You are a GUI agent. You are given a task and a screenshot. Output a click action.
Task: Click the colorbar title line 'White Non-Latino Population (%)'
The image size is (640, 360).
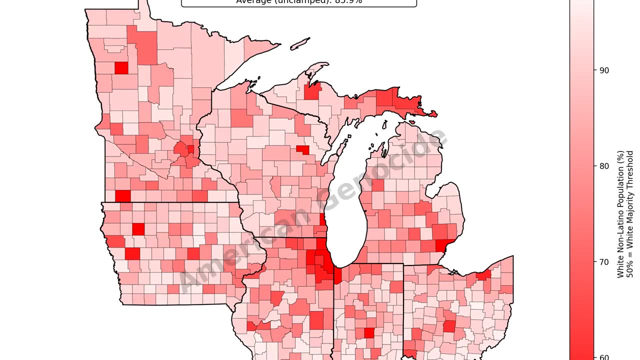click(x=620, y=214)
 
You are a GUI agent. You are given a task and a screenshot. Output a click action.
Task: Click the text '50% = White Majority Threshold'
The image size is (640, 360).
click(x=630, y=214)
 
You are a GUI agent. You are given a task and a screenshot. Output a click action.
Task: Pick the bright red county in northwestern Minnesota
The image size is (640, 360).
click(x=121, y=67)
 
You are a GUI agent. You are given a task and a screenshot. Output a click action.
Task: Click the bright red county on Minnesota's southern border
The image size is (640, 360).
click(x=122, y=196)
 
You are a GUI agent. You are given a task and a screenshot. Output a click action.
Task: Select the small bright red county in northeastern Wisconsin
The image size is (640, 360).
click(x=302, y=149)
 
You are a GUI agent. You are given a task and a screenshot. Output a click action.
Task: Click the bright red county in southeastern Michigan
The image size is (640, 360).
click(x=441, y=245)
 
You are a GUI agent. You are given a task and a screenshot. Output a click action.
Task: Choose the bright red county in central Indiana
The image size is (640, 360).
click(x=369, y=333)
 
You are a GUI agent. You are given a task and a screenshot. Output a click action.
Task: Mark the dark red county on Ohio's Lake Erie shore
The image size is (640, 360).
click(x=484, y=275)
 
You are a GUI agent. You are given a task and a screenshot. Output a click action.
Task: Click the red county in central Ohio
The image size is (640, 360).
click(x=449, y=326)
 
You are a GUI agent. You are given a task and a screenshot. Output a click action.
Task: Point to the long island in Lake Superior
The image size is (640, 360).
click(x=300, y=44)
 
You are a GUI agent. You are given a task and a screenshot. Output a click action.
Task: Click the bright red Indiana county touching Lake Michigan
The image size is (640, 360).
click(x=337, y=275)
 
